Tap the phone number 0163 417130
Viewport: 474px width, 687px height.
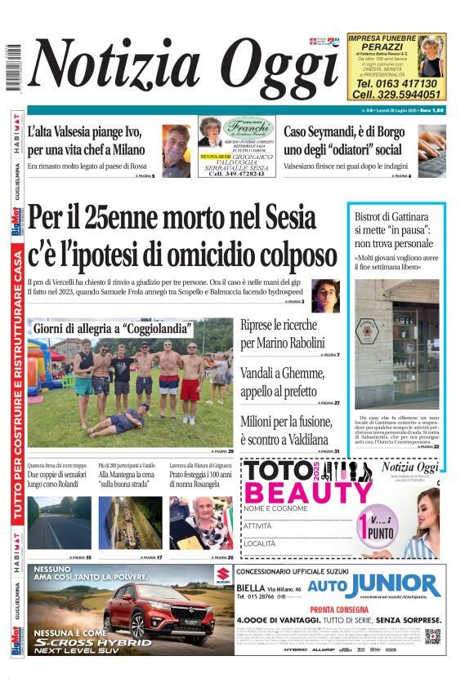[x=396, y=83]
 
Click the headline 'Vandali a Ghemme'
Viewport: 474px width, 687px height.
[x=282, y=381]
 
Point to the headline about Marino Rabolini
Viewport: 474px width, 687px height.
[x=282, y=334]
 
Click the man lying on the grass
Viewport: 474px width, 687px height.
[x=118, y=423]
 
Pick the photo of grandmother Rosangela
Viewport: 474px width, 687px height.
[x=200, y=522]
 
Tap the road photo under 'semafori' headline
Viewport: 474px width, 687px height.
[x=59, y=522]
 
